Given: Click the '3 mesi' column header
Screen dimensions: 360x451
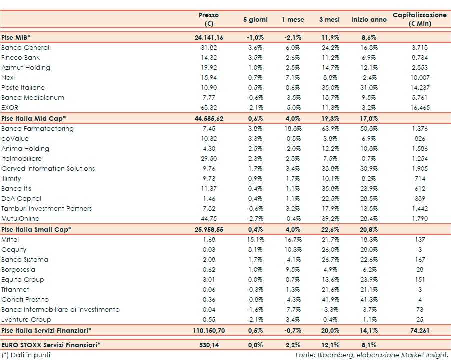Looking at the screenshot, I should [x=329, y=20].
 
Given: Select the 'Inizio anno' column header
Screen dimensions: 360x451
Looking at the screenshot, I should [x=369, y=20].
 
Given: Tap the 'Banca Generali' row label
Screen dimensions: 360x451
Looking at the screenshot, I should [x=26, y=48].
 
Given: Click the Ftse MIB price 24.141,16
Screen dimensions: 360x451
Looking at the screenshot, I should [x=209, y=38].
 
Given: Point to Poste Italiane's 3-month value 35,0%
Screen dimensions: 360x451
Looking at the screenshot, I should [x=329, y=88].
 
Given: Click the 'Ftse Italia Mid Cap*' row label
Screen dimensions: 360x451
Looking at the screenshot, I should [x=34, y=118].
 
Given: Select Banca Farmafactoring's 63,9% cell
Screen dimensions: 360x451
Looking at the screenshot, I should [x=329, y=129].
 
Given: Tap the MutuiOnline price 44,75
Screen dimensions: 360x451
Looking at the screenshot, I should [x=209, y=219].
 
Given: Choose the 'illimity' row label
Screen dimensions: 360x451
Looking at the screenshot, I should [x=13, y=179].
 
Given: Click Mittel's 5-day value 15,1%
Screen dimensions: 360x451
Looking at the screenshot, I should [x=255, y=240].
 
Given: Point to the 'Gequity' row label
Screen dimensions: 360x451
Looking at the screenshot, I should [x=14, y=250].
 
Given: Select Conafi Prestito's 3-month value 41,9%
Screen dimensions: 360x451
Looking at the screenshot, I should [x=329, y=300].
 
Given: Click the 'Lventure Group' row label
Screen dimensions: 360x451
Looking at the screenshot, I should [x=26, y=320].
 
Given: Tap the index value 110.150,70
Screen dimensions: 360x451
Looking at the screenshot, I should [x=209, y=330].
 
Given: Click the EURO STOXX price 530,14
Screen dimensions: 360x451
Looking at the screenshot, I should [x=209, y=345].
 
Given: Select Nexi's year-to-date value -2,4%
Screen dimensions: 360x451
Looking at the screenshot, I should [x=369, y=78].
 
